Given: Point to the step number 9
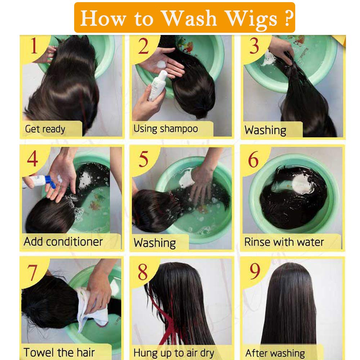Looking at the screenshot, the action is point(255,271).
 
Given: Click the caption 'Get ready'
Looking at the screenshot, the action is point(45,129).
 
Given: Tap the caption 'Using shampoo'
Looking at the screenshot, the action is point(166,129).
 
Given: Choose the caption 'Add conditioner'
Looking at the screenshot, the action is point(63,242).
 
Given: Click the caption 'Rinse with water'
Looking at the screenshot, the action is point(284,242).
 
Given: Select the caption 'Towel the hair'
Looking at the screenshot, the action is point(59,352).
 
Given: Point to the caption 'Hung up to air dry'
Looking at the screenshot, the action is point(174,353).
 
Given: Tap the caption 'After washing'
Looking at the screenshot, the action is point(275,354).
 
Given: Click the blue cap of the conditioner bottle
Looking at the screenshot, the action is point(50,182).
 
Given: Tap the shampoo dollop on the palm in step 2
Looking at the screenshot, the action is point(161,64).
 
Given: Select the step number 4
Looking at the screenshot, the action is point(32,158).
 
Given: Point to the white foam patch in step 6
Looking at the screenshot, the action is point(302,184).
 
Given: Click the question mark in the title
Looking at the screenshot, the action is point(289,18).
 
